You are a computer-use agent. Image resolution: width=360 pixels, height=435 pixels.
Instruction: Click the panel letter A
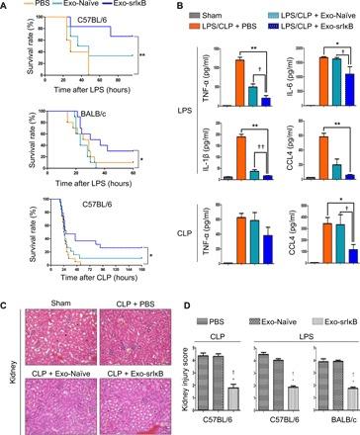(6, 6)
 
